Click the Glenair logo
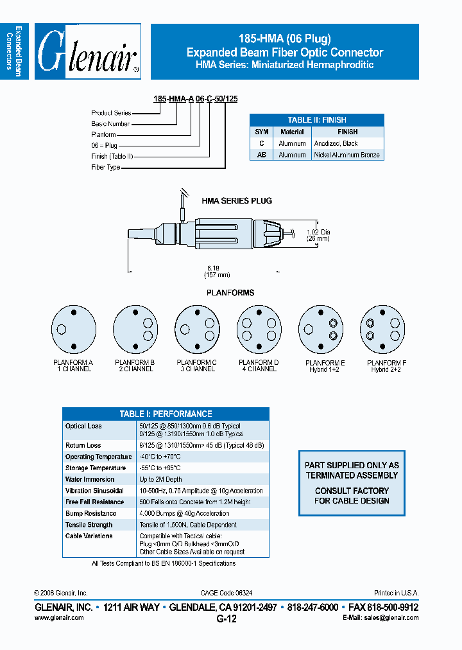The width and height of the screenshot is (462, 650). click(x=87, y=52)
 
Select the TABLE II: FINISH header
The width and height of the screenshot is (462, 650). click(x=316, y=119)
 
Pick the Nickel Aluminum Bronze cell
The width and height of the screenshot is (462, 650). click(x=346, y=155)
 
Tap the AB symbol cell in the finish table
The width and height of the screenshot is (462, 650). click(x=261, y=155)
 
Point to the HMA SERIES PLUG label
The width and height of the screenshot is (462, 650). click(x=237, y=201)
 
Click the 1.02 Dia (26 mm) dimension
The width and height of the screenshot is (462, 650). click(x=317, y=235)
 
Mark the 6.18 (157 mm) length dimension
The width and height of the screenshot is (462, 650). click(x=218, y=271)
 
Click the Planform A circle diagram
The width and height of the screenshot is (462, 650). click(x=73, y=330)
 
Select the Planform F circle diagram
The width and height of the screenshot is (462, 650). click(x=383, y=330)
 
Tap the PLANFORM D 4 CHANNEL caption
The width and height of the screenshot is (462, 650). click(x=259, y=366)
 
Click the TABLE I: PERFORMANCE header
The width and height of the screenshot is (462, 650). click(x=166, y=414)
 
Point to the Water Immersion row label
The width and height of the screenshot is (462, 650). click(x=90, y=479)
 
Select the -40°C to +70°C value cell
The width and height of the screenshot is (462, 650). click(x=160, y=457)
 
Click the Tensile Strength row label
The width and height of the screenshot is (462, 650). click(x=89, y=525)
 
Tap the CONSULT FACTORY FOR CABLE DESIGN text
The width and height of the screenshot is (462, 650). click(x=352, y=496)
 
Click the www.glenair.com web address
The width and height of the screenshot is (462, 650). click(x=59, y=617)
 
